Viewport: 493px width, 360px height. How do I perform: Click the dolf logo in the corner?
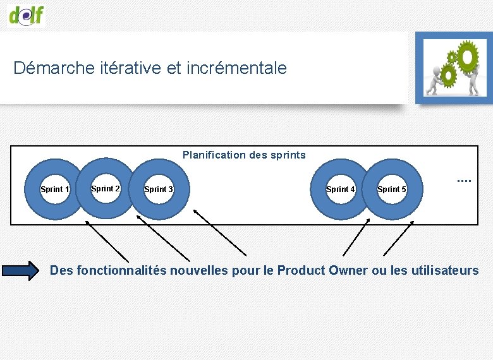pyautogui.click(x=26, y=14)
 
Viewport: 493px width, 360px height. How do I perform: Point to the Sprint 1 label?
pyautogui.click(x=55, y=189)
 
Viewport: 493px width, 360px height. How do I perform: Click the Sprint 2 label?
pyautogui.click(x=106, y=188)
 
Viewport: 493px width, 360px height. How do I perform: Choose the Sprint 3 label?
pyautogui.click(x=159, y=189)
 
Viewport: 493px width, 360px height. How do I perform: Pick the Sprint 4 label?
pyautogui.click(x=340, y=189)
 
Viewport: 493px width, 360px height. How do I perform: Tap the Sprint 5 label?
pyautogui.click(x=391, y=189)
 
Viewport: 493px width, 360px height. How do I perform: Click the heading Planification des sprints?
pyautogui.click(x=244, y=155)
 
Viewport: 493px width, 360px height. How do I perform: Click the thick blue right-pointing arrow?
pyautogui.click(x=20, y=271)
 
